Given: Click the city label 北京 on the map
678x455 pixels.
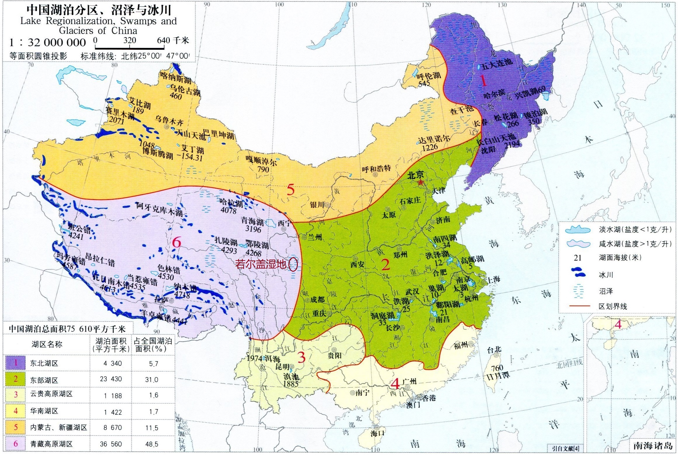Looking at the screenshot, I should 416,175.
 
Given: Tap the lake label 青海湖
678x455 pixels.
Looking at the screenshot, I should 252,220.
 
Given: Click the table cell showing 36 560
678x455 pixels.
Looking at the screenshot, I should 110,444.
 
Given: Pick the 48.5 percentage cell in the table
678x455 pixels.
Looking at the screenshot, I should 152,444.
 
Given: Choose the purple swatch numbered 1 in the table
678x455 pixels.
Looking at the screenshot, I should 15,363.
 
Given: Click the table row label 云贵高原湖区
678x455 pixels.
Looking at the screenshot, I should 51,394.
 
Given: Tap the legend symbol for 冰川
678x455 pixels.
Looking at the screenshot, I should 578,274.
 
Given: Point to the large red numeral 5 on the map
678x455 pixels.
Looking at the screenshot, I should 290,190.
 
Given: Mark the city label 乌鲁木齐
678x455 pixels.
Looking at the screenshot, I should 169,120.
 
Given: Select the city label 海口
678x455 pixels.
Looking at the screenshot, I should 377,433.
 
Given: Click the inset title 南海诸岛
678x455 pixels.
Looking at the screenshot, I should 652,445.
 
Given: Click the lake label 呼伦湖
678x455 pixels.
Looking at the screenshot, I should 428,76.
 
